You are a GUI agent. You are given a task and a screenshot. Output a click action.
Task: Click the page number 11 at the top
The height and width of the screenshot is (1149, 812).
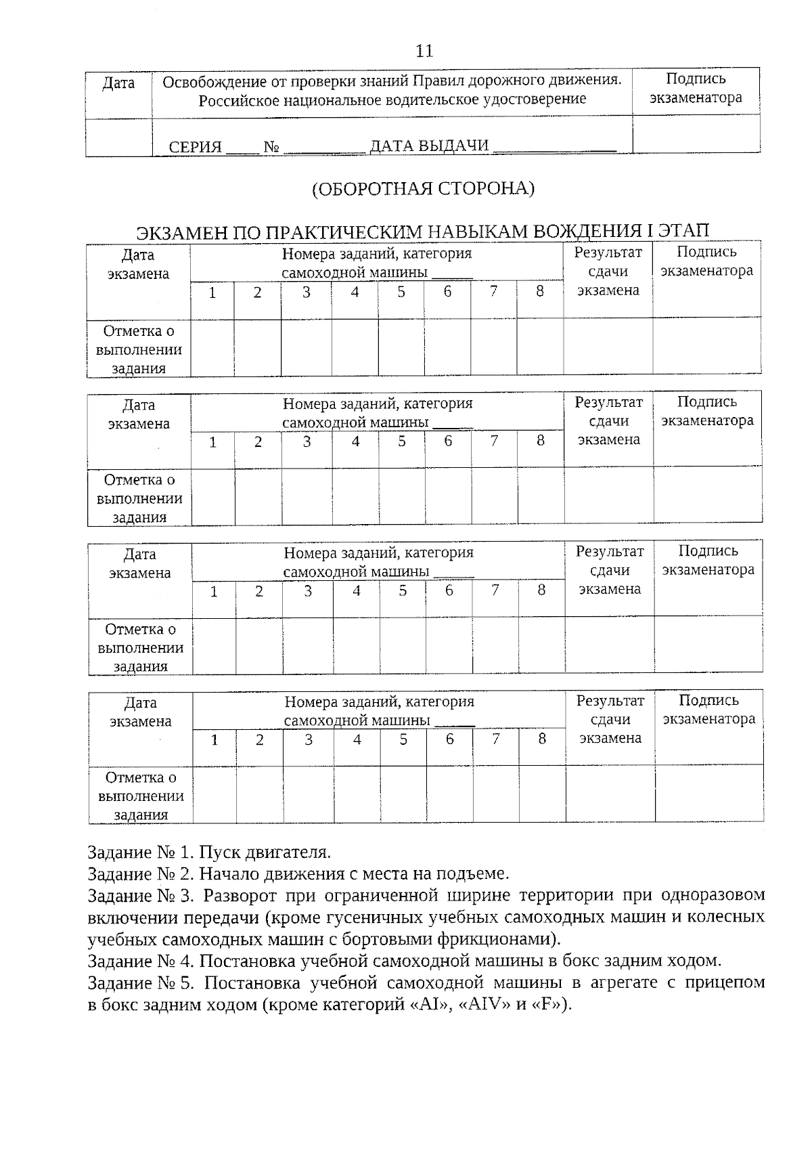[424, 51]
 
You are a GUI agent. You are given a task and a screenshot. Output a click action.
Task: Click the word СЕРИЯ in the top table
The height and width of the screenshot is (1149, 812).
[196, 147]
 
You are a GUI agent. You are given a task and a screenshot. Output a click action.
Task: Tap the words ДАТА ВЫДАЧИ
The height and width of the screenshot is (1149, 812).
[429, 146]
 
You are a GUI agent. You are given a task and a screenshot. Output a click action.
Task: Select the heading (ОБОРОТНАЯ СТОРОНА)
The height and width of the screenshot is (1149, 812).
[423, 189]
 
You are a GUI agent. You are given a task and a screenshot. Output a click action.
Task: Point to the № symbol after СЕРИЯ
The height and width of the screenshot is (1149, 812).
[272, 147]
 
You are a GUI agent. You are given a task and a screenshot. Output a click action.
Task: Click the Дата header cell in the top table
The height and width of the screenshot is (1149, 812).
[118, 83]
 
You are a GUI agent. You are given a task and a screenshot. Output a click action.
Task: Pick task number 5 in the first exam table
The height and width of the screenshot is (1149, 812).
[401, 292]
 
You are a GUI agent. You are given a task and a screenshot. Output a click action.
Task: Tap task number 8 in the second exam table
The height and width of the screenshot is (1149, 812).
[541, 441]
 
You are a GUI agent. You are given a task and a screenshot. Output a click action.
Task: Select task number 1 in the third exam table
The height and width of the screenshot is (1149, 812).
[214, 591]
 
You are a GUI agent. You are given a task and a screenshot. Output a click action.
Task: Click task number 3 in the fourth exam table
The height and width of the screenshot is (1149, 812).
[309, 739]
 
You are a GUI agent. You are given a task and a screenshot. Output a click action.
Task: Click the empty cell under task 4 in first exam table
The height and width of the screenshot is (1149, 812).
[355, 347]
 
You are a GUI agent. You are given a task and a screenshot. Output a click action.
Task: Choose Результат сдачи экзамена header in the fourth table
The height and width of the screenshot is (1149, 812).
[610, 719]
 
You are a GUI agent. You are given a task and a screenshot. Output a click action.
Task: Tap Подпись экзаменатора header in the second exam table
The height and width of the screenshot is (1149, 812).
[707, 411]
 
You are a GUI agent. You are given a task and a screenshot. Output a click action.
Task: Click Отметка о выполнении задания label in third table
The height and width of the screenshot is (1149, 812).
[140, 648]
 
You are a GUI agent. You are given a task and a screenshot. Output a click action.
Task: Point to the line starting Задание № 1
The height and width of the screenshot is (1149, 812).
[209, 852]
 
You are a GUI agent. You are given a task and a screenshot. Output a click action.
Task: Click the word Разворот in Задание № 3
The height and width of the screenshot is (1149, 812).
[240, 895]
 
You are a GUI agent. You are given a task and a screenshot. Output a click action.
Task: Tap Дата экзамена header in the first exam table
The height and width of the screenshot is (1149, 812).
[138, 264]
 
